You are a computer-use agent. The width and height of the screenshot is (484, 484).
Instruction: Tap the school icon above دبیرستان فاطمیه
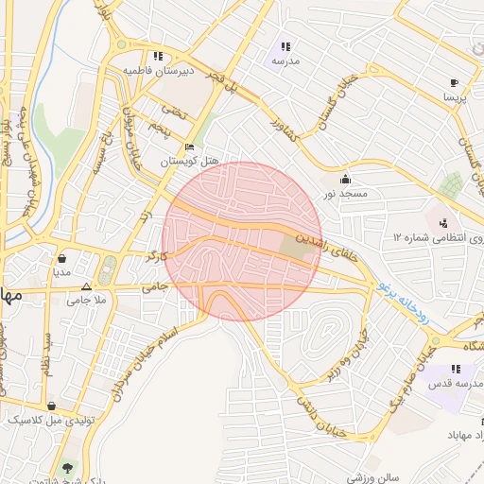tap(157, 56)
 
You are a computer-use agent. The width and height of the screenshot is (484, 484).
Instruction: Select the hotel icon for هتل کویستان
tap(189, 148)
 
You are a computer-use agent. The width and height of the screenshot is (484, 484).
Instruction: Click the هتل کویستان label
tap(189, 162)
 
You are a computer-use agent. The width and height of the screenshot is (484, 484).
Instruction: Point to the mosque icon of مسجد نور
tap(345, 180)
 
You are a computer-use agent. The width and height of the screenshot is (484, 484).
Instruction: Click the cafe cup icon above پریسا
tap(455, 82)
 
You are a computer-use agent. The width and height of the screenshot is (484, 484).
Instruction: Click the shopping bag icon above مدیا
tap(62, 257)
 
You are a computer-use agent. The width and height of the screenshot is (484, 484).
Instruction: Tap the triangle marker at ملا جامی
tap(86, 286)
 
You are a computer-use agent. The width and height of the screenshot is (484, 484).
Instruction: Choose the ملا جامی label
tap(85, 302)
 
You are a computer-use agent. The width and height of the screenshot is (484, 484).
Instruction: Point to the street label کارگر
tap(155, 256)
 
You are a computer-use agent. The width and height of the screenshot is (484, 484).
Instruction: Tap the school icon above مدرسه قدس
tap(455, 369)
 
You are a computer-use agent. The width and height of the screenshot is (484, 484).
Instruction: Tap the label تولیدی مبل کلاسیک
tap(43, 418)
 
